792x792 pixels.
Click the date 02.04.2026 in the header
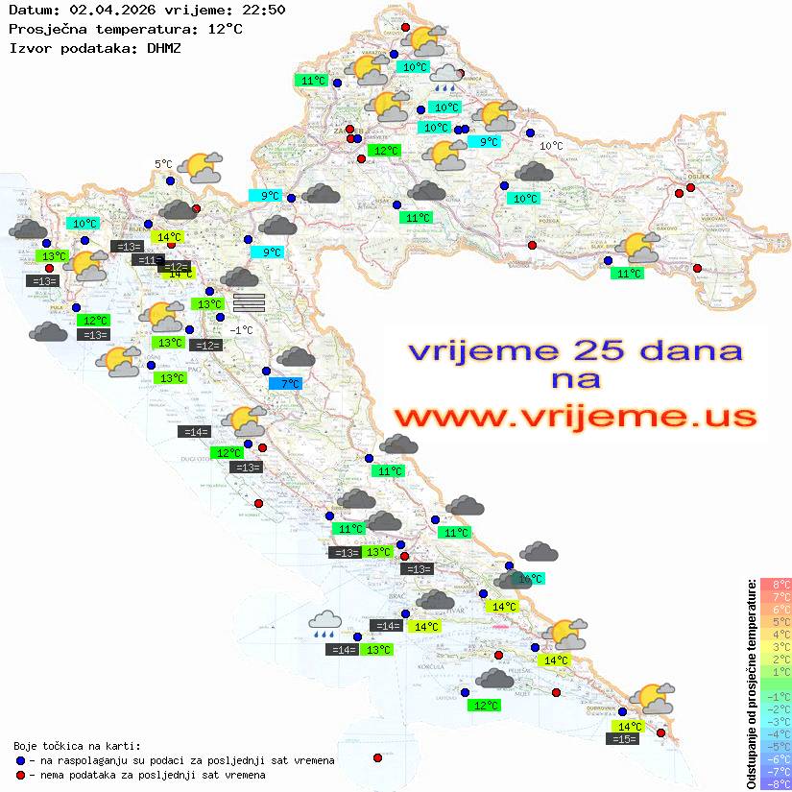point(108,11)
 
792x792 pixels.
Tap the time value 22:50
point(265,11)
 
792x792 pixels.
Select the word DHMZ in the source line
point(164,47)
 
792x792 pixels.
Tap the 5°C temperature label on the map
point(163,164)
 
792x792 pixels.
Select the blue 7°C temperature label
point(286,384)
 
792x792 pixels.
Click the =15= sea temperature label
point(623,739)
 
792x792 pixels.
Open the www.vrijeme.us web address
point(575,417)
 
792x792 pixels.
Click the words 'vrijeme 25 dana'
point(575,349)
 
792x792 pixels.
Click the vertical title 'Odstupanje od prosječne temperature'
point(752,684)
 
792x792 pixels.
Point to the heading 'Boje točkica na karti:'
point(77,746)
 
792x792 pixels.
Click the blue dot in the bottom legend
point(20,760)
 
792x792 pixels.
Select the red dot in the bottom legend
point(20,775)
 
